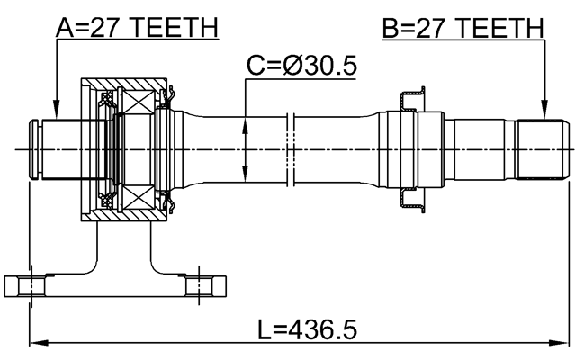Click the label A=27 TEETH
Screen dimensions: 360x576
(137, 29)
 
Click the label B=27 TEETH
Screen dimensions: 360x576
(463, 29)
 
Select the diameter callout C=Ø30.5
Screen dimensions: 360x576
(300, 66)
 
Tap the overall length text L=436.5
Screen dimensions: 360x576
(307, 329)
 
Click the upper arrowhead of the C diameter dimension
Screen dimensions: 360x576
(247, 119)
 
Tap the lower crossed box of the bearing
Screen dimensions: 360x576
(138, 195)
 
